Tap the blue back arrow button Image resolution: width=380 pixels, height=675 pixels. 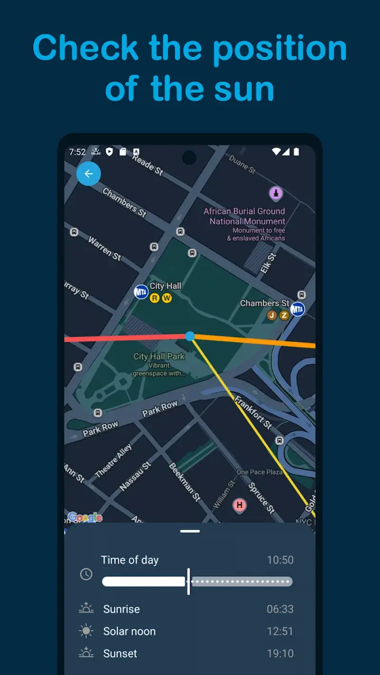click(88, 174)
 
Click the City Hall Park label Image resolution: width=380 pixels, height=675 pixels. click(159, 356)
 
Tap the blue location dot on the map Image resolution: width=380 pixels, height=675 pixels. click(190, 336)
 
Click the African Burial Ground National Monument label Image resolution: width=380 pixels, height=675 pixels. click(245, 216)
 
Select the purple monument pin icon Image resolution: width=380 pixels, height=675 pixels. click(276, 193)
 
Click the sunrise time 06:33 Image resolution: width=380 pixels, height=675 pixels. click(280, 609)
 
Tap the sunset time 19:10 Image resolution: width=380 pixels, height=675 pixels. click(280, 654)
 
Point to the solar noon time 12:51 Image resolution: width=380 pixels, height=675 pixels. click(280, 631)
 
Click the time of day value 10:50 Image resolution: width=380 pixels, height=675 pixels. click(280, 560)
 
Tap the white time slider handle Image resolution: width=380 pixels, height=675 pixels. click(189, 581)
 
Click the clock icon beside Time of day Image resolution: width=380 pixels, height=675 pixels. click(86, 574)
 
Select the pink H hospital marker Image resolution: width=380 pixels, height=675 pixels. click(239, 505)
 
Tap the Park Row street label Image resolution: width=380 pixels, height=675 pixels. click(160, 409)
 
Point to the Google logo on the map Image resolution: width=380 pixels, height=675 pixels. click(85, 517)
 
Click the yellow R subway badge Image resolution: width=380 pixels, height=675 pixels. click(154, 298)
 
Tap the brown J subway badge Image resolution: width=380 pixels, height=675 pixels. click(272, 315)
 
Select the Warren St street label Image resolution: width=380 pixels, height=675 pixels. click(104, 248)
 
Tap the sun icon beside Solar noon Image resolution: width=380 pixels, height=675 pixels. click(86, 631)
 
